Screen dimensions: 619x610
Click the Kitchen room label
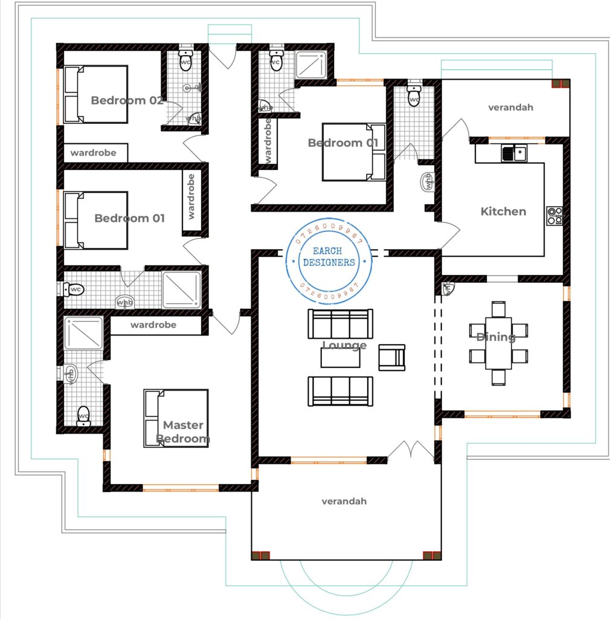[x=503, y=212]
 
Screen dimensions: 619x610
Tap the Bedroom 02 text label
[x=127, y=100]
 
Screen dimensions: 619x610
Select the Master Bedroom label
[x=183, y=432]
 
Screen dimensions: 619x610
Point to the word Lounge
[x=344, y=345]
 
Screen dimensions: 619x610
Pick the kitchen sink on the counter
[x=513, y=154]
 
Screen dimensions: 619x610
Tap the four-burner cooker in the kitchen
[x=554, y=216]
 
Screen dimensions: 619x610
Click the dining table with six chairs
[x=498, y=343]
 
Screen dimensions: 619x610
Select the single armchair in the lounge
[x=391, y=357]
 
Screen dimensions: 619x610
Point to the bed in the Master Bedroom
[x=176, y=418]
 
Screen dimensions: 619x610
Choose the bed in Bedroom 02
[x=96, y=94]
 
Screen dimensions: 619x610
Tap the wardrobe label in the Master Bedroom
[x=153, y=325]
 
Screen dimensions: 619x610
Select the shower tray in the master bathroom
[x=84, y=332]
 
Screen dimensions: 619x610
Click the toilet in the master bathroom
[x=83, y=416]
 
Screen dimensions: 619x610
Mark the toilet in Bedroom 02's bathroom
[x=185, y=60]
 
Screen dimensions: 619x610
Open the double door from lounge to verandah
[x=411, y=450]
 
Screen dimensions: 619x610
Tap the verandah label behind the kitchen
[x=510, y=108]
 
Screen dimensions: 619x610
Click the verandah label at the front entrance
[x=344, y=501]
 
